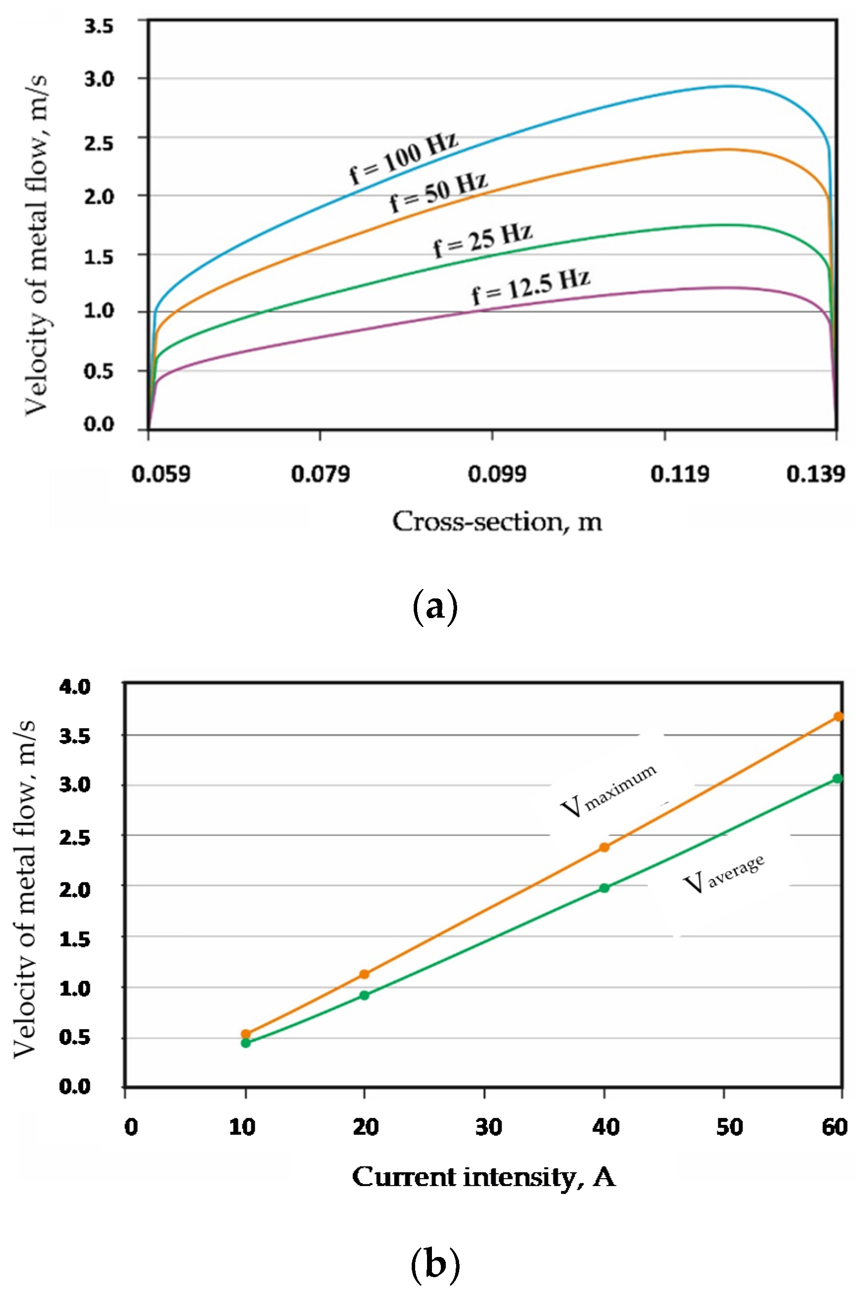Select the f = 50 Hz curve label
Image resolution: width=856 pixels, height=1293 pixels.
tap(438, 192)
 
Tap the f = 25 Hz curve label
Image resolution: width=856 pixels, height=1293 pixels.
tap(483, 240)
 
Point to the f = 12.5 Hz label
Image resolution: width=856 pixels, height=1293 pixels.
tap(531, 287)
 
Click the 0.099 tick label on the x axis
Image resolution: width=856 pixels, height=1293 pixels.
tap(497, 474)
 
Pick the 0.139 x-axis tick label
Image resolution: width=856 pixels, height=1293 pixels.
tap(816, 474)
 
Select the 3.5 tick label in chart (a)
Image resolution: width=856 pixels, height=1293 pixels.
tap(99, 26)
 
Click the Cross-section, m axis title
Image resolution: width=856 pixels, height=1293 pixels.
tap(497, 521)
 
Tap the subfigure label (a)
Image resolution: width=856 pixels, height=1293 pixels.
tap(434, 607)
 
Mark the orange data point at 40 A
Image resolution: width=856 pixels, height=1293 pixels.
tap(604, 847)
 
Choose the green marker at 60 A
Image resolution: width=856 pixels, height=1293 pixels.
tap(837, 778)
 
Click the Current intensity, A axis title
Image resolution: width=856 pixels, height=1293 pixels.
tap(484, 1177)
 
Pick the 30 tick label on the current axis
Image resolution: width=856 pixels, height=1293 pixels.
tap(488, 1126)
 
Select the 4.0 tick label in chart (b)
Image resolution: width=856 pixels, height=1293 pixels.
tap(75, 687)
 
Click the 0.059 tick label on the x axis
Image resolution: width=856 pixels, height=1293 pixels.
tap(161, 474)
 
